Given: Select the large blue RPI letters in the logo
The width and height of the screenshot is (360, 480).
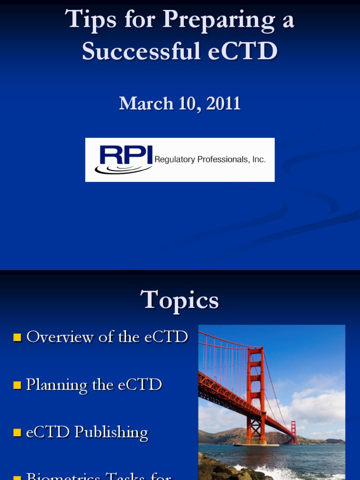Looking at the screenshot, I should click(x=126, y=155).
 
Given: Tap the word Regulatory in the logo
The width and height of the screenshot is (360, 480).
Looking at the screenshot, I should click(x=174, y=160).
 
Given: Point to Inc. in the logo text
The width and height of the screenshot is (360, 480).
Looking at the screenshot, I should click(x=259, y=160).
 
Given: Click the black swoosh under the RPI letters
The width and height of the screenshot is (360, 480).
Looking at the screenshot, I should click(x=120, y=169).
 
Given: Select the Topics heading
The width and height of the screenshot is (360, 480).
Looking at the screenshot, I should click(x=180, y=300).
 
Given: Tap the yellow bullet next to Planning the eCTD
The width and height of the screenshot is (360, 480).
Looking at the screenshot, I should click(x=17, y=385).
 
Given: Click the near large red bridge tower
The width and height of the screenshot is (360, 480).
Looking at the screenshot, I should click(x=256, y=394).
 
